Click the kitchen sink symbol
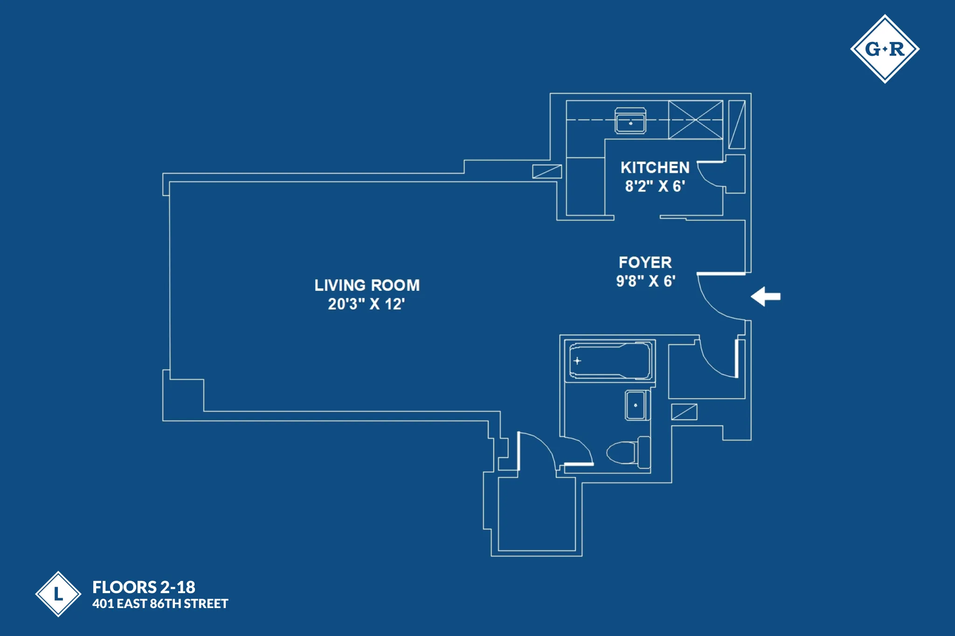(x=630, y=121)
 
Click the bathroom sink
(x=636, y=405)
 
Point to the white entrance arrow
(x=766, y=296)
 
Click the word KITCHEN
(x=655, y=168)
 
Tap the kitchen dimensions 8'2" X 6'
(x=655, y=186)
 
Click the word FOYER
(x=645, y=263)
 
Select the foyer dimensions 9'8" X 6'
(x=645, y=281)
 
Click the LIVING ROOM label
(x=367, y=285)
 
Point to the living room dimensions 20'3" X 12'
(x=366, y=304)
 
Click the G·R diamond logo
(x=885, y=49)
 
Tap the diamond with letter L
(x=58, y=594)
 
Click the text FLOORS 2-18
(x=144, y=587)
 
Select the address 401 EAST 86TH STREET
(x=160, y=604)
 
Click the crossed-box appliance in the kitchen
(x=695, y=120)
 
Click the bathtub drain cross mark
(x=577, y=361)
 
